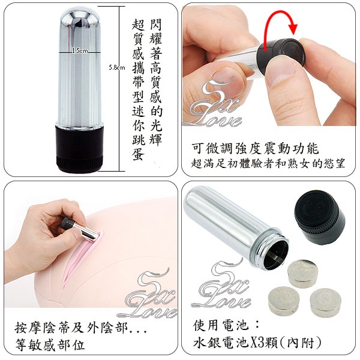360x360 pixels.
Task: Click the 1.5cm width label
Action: coord(80,50)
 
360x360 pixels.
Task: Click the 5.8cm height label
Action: coord(117,67)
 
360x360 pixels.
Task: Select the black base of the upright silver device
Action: coord(79,148)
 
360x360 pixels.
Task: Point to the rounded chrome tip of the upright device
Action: coord(80,17)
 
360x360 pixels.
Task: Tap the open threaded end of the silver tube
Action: coord(276,253)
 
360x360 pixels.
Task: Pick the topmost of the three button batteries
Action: coord(302,274)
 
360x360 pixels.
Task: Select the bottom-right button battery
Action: coord(325,302)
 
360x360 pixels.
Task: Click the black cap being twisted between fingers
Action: coord(281,53)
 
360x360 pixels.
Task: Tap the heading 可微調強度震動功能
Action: coord(256,148)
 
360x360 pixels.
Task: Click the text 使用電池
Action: coord(221,325)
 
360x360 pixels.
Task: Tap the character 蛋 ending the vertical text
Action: coord(138,153)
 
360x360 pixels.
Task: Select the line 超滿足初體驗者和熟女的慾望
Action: coord(268,164)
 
